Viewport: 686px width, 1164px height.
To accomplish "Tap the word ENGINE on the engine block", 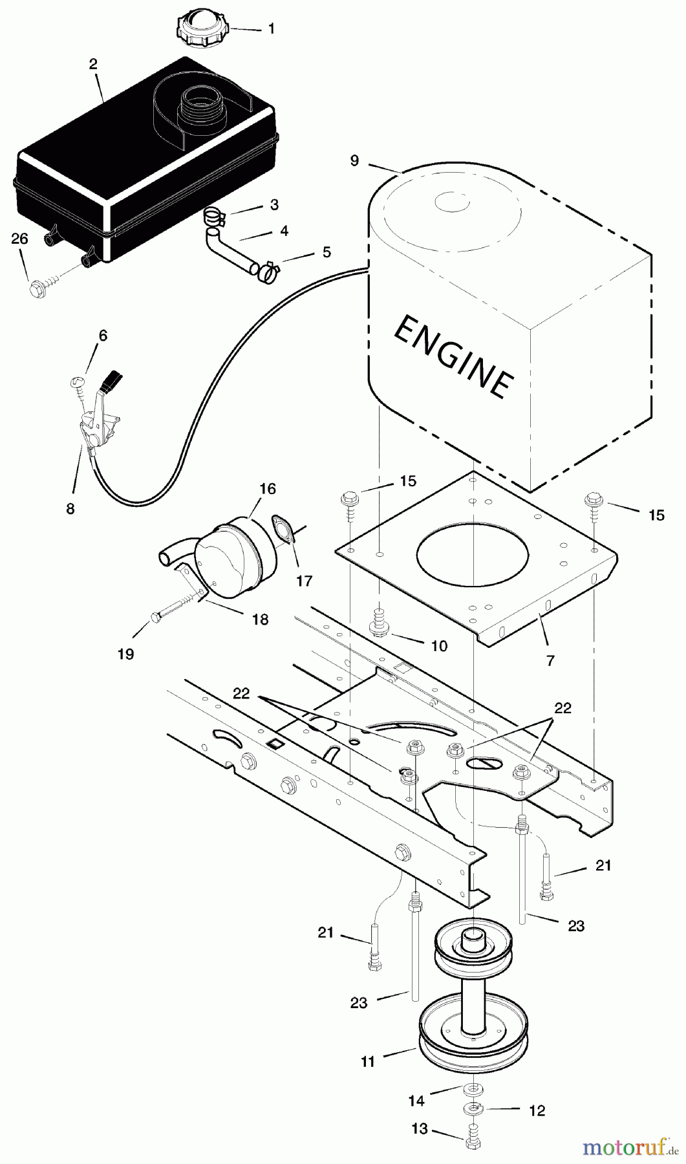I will tap(453, 357).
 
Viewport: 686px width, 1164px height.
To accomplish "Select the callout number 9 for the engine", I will tap(354, 160).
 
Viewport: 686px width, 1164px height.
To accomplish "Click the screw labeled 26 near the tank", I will tap(39, 284).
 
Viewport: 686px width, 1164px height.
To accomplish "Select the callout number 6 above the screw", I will tap(103, 336).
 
